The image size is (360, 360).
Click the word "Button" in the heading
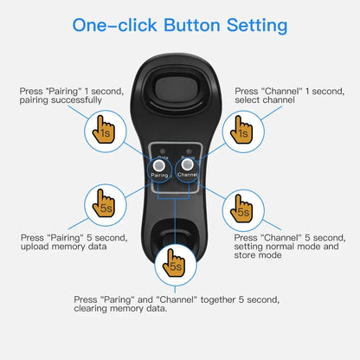click(185, 25)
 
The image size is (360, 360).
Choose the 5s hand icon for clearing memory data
click(175, 264)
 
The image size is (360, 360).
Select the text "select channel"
click(264, 100)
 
